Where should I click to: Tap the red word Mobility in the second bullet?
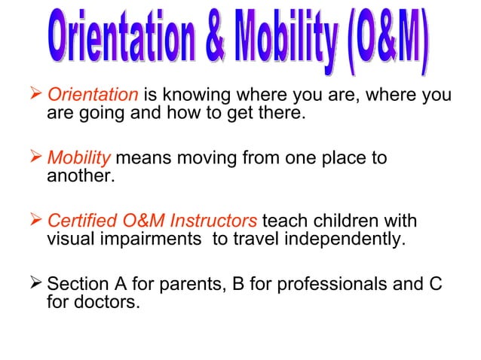pos(79,159)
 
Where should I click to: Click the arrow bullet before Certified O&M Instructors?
pos(36,222)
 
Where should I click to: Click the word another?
pos(77,175)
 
